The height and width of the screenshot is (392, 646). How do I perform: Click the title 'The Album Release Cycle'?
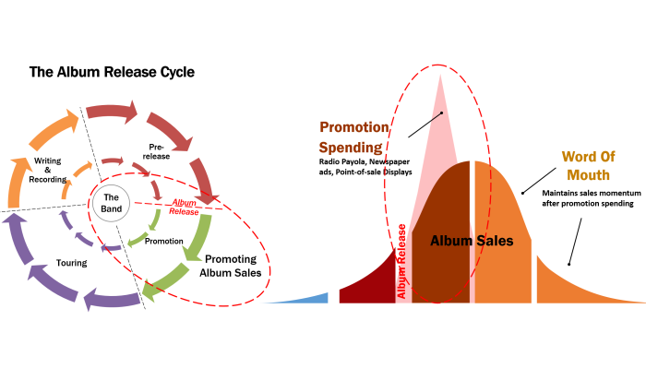click(x=112, y=72)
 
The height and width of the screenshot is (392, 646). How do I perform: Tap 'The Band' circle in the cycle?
click(x=111, y=203)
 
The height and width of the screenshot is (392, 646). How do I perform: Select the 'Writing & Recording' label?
click(x=48, y=170)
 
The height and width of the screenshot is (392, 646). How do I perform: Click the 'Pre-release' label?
click(x=156, y=151)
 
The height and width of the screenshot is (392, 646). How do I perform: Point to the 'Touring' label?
click(x=72, y=263)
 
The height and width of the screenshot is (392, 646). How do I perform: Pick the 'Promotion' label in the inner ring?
click(x=164, y=242)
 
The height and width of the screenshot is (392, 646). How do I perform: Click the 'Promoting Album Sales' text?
click(x=231, y=266)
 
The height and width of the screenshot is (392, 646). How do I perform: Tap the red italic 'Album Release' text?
click(x=184, y=208)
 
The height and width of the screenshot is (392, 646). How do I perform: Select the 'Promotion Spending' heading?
click(x=353, y=137)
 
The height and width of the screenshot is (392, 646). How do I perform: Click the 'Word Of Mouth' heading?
click(x=589, y=165)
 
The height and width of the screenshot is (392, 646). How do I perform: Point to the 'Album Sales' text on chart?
click(x=472, y=241)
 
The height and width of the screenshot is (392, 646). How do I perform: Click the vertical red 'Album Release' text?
click(x=401, y=261)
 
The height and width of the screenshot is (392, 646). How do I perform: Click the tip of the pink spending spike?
click(x=440, y=75)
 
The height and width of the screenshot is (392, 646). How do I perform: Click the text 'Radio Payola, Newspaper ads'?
click(x=365, y=167)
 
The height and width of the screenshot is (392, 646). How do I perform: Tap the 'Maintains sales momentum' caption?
click(x=592, y=193)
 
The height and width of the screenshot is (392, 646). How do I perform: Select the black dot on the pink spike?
click(x=441, y=113)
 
